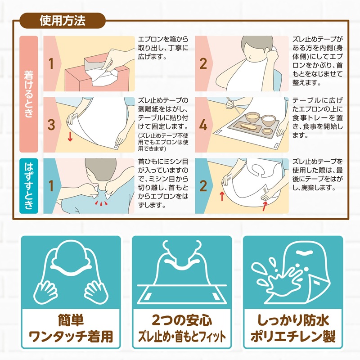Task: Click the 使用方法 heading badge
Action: (x=63, y=21)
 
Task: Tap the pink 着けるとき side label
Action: (x=29, y=94)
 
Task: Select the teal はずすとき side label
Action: (x=29, y=186)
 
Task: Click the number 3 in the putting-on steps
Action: (x=51, y=125)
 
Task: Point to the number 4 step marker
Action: (x=203, y=125)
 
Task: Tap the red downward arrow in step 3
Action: (x=70, y=137)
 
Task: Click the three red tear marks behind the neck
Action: (x=101, y=203)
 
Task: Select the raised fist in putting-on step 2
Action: (x=273, y=56)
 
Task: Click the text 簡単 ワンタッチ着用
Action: (x=71, y=328)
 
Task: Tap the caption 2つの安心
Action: (x=182, y=320)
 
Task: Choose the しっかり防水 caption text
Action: (x=293, y=320)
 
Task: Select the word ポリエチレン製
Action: (x=293, y=336)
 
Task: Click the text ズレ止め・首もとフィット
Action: (x=182, y=337)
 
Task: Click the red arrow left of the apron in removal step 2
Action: (x=222, y=197)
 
